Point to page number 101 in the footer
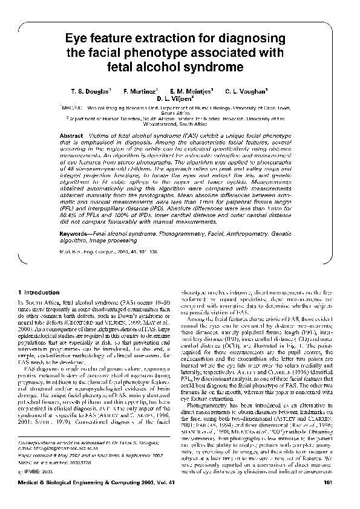click(329, 499)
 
